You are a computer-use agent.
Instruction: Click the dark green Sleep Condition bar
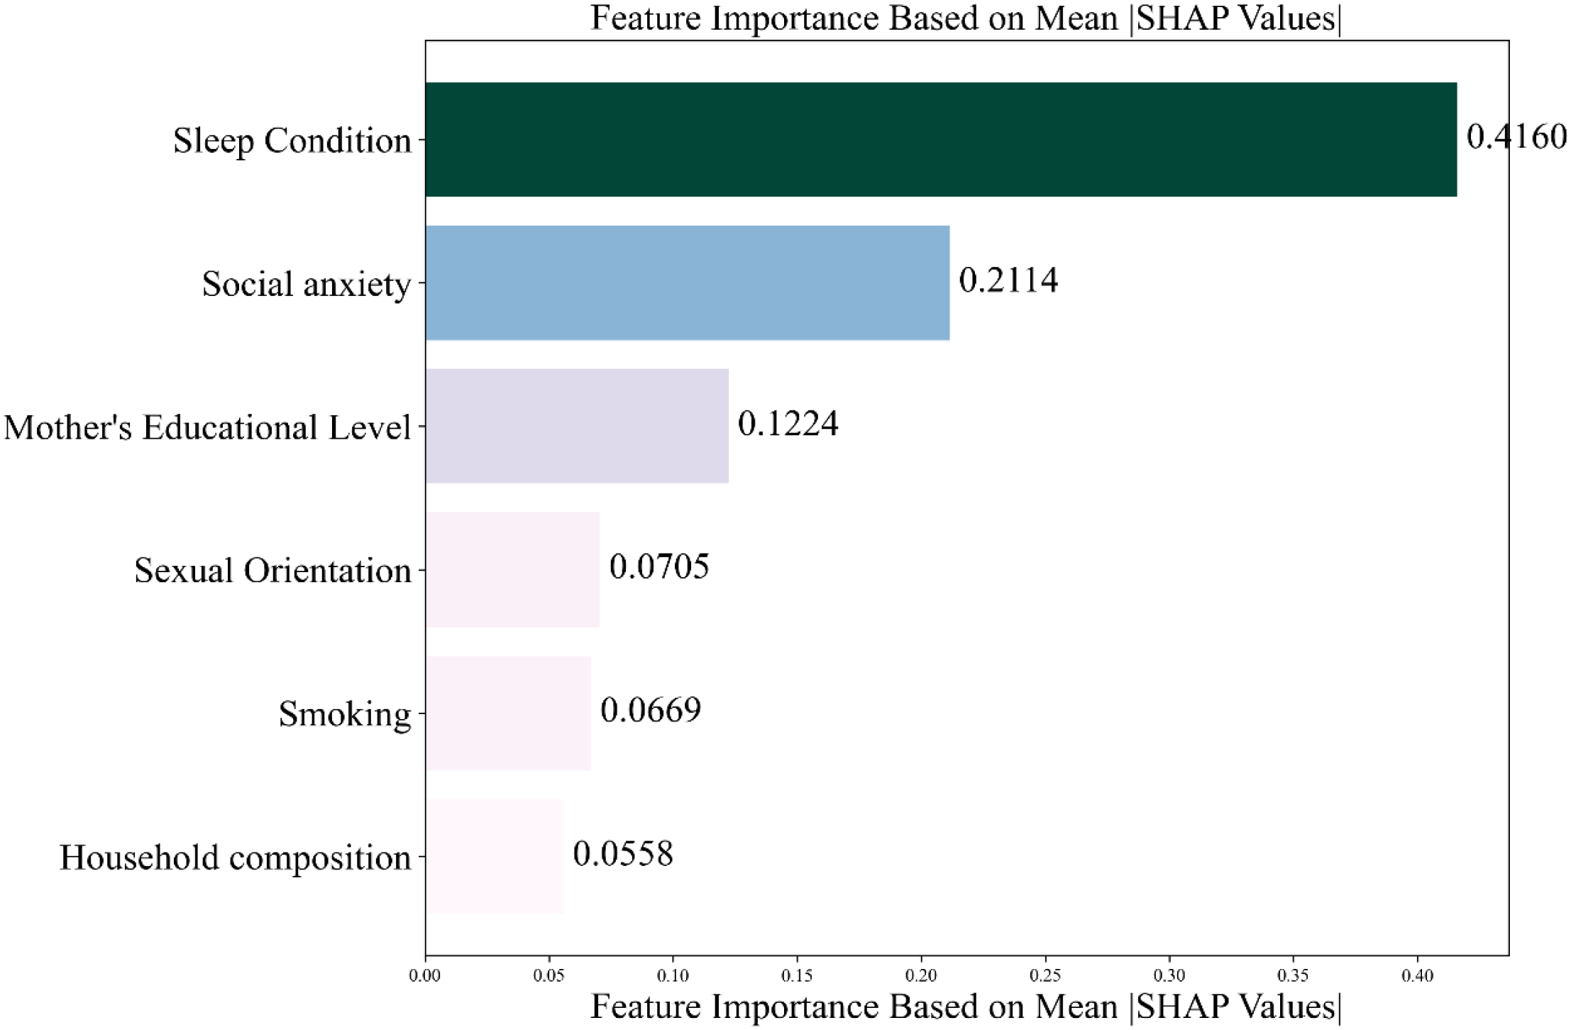click(940, 139)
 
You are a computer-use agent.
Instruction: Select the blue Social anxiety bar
click(687, 283)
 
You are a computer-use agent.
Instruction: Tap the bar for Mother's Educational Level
click(576, 426)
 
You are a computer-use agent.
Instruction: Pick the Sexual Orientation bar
click(512, 569)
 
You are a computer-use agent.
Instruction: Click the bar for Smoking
click(507, 713)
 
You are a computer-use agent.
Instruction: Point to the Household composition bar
click(494, 856)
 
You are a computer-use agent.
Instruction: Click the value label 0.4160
click(1516, 136)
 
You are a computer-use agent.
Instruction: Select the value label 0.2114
click(1008, 280)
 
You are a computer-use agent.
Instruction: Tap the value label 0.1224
click(788, 424)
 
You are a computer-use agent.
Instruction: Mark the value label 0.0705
click(658, 566)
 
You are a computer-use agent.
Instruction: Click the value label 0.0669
click(650, 710)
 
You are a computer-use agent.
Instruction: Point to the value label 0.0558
click(622, 853)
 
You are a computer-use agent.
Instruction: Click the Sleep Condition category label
click(292, 141)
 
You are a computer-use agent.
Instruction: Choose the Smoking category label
click(344, 714)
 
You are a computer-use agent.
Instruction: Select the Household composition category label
click(235, 858)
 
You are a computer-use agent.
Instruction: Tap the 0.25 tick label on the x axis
click(1044, 976)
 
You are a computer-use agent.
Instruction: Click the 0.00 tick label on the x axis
click(425, 976)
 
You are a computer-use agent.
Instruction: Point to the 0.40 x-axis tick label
click(1417, 976)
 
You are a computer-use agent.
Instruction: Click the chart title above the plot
click(966, 18)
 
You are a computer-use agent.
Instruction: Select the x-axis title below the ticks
click(966, 1007)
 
